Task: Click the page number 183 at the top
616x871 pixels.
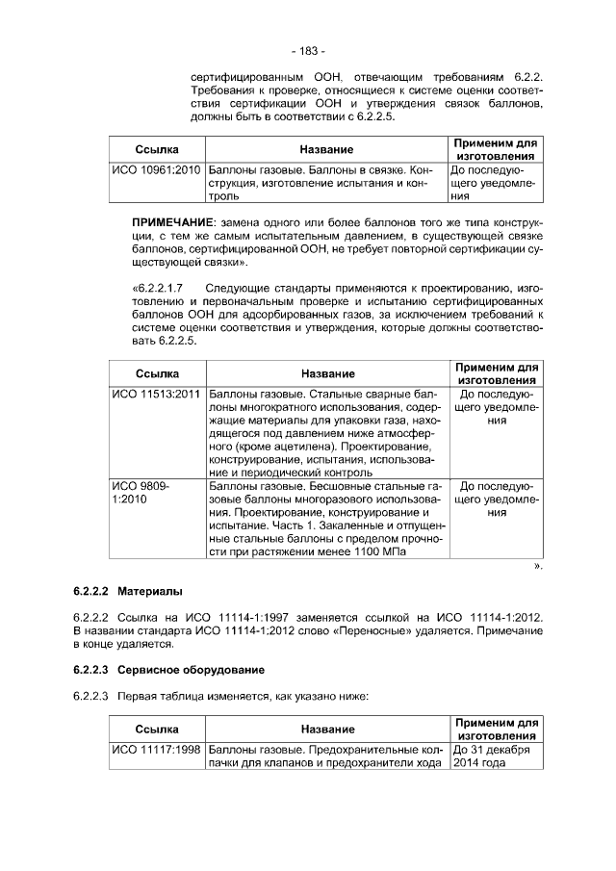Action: (x=308, y=50)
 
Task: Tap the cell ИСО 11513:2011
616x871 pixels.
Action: (x=156, y=394)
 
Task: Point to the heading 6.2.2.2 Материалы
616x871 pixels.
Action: (x=127, y=590)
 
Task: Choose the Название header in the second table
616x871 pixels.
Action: (x=326, y=373)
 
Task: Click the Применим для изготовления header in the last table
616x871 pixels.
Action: (x=496, y=729)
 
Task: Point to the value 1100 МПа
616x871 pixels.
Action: (x=374, y=554)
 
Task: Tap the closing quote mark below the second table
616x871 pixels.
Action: (x=538, y=568)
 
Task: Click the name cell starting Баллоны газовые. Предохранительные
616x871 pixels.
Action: (x=326, y=756)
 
